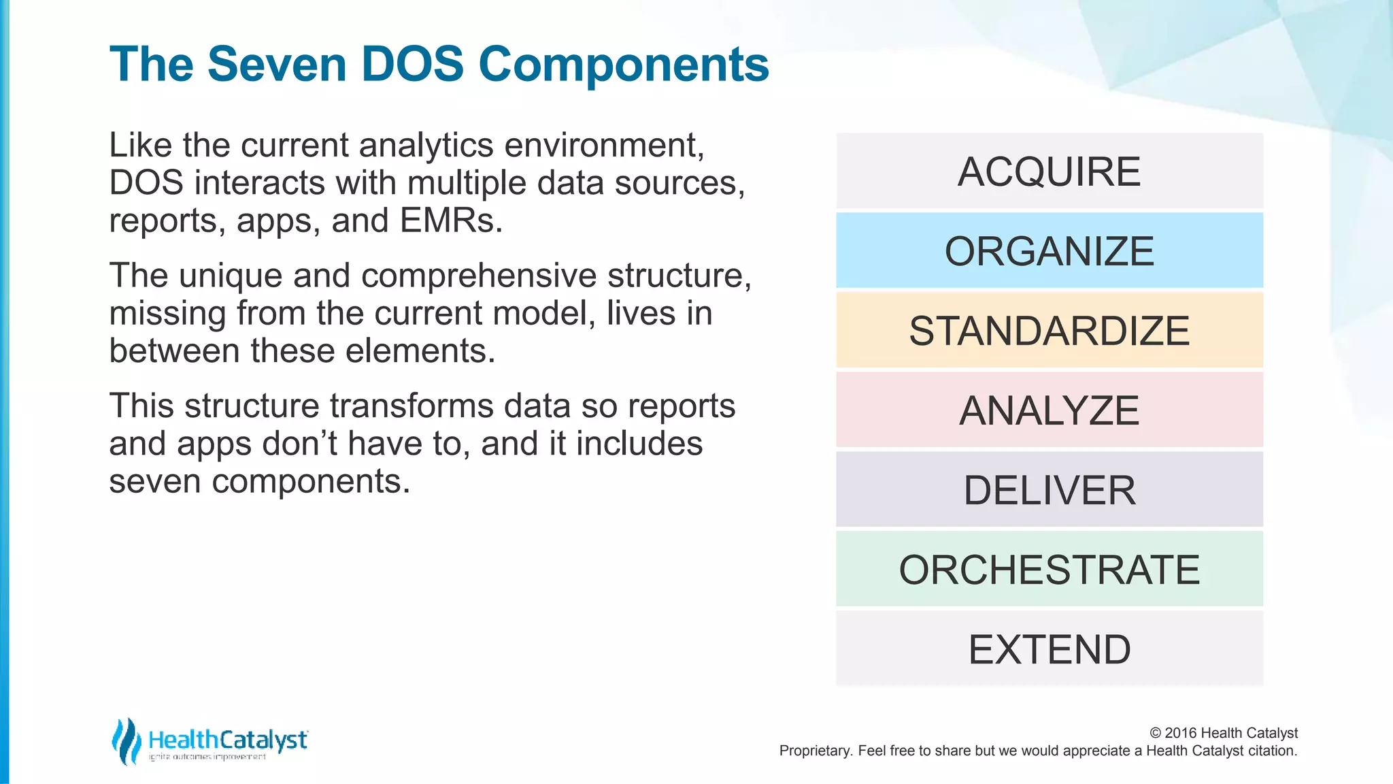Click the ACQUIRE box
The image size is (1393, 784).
(1049, 171)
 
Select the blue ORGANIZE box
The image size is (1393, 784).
(1049, 250)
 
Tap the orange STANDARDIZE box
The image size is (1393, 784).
(1049, 331)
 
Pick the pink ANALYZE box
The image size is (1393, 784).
(1049, 410)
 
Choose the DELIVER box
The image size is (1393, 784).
(1049, 490)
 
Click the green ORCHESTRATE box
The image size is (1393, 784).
(1049, 570)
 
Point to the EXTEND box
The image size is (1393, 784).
(1049, 649)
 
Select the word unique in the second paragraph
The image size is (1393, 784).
(231, 276)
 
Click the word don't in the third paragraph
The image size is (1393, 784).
(300, 444)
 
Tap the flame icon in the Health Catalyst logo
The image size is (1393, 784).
(126, 741)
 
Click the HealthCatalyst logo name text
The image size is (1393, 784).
(228, 740)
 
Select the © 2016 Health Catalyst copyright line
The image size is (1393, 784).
(1223, 733)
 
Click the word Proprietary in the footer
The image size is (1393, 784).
(815, 751)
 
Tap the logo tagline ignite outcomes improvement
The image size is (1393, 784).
(207, 757)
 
